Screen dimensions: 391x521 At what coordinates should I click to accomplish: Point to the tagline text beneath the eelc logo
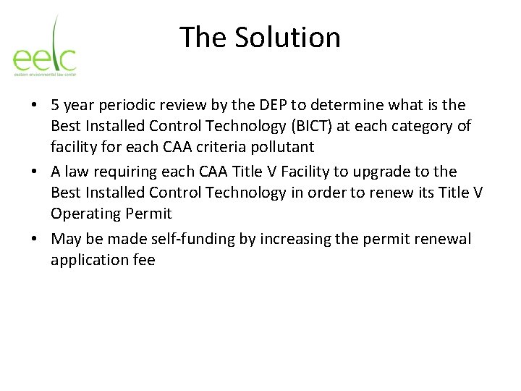(44, 74)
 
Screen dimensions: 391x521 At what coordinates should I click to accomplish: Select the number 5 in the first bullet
(55, 106)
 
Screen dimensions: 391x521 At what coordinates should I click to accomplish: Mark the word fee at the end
(144, 260)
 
